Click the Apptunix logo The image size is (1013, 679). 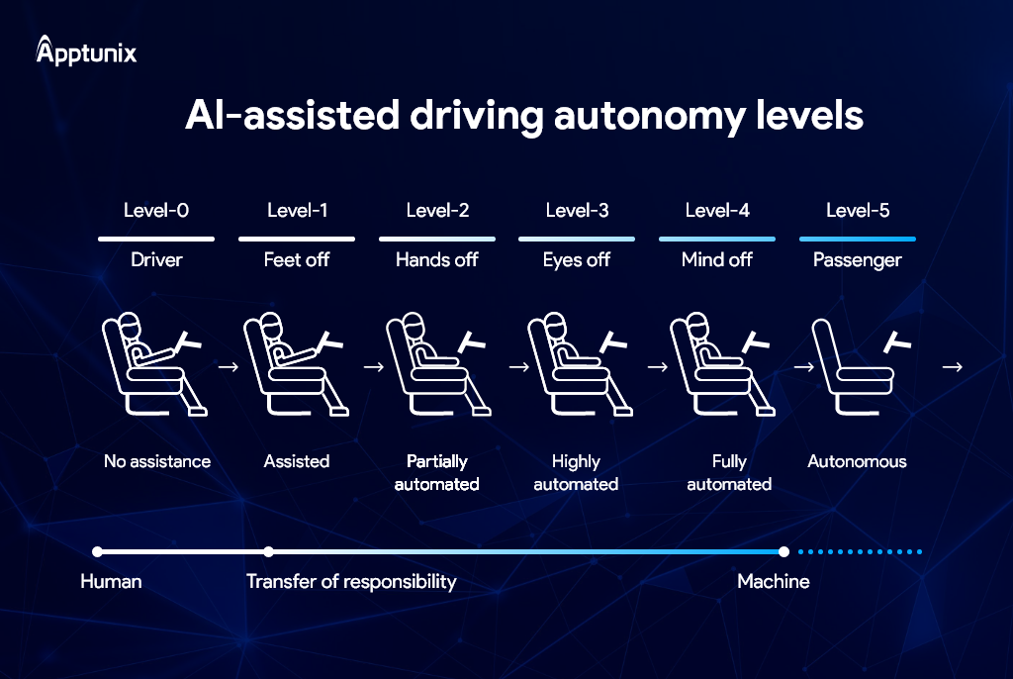[86, 50]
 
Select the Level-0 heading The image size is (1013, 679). [155, 210]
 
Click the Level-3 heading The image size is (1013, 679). [577, 210]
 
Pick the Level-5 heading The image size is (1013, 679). [858, 210]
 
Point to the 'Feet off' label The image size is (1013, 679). [297, 260]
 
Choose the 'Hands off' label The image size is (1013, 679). [436, 260]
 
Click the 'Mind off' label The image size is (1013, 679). [716, 260]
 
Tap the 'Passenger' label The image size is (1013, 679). [858, 260]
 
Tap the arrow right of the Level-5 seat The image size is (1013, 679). [952, 366]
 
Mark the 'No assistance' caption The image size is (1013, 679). [157, 461]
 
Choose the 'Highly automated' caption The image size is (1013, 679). [576, 473]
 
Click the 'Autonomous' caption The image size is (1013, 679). [857, 461]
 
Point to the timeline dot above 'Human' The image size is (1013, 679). [97, 551]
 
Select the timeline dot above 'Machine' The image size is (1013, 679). [783, 551]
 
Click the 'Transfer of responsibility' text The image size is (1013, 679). [351, 582]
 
